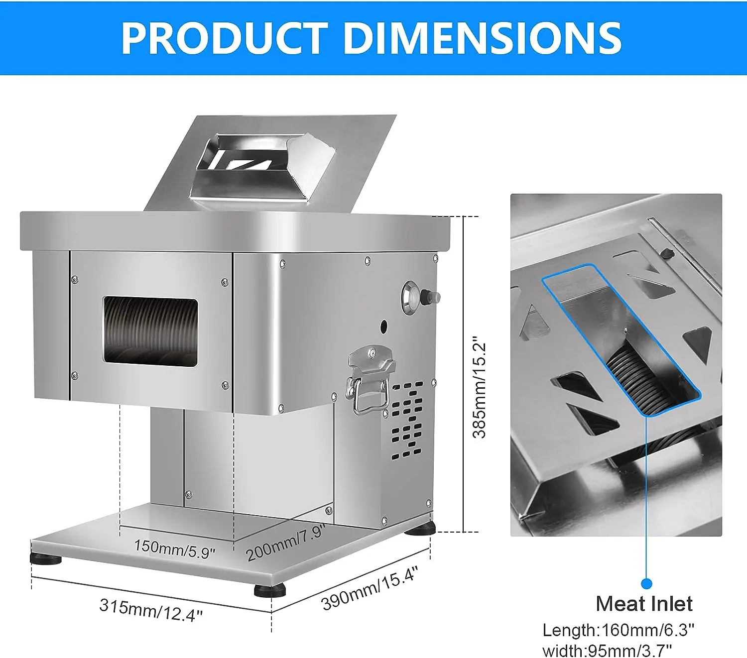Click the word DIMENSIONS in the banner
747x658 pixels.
tap(483, 38)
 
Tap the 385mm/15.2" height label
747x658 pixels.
tap(479, 387)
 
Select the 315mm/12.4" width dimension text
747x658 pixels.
tap(151, 609)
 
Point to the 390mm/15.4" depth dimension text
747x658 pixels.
tap(370, 588)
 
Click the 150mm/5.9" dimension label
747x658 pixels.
tap(174, 548)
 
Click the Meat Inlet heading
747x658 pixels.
tap(644, 604)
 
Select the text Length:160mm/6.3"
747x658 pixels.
tap(618, 630)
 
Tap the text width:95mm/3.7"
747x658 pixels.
tap(607, 650)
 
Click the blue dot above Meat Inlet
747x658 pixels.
tap(646, 583)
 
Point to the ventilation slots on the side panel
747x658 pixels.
tap(407, 421)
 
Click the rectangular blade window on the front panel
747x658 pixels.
tap(150, 332)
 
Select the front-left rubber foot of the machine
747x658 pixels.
tap(46, 558)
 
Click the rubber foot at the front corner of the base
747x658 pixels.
tap(270, 590)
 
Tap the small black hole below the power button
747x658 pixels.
tap(384, 327)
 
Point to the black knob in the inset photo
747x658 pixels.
tap(666, 254)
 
